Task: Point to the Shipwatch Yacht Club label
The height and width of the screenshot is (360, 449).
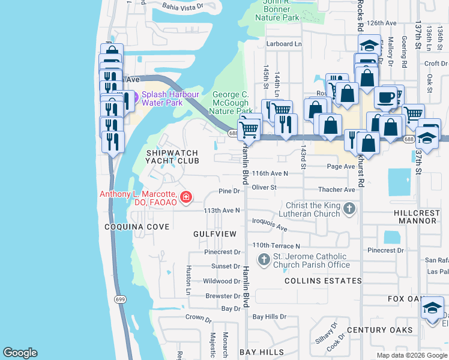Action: tap(172, 157)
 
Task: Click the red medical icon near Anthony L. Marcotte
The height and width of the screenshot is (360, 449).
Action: tap(187, 196)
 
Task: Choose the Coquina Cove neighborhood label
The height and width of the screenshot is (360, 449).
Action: tap(137, 227)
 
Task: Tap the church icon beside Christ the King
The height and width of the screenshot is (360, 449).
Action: tap(349, 209)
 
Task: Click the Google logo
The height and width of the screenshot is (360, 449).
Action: tap(20, 353)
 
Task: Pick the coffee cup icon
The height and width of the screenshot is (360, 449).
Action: tap(385, 97)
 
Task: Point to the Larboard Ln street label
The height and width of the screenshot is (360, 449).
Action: tap(284, 44)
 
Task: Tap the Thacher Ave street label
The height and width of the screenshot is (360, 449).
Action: tap(337, 190)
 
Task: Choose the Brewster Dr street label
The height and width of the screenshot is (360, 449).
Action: tap(223, 296)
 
